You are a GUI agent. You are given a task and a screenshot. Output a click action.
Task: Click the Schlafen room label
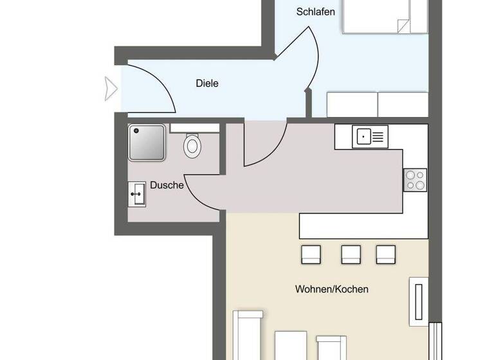pyautogui.click(x=315, y=12)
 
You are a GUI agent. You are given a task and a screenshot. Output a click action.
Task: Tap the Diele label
pyautogui.click(x=207, y=83)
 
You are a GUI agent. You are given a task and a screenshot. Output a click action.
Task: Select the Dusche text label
pyautogui.click(x=167, y=185)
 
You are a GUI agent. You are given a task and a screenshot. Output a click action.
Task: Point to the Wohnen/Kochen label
pyautogui.click(x=332, y=289)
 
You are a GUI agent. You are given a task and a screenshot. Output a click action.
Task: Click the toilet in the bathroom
pyautogui.click(x=192, y=145)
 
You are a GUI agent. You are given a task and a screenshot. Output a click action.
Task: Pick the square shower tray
pyautogui.click(x=147, y=143)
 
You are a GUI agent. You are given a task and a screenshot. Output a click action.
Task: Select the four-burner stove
pyautogui.click(x=415, y=179)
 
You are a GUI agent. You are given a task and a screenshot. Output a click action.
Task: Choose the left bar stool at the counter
pyautogui.click(x=311, y=254)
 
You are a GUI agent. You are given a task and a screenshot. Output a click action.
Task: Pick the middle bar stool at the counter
pyautogui.click(x=351, y=254)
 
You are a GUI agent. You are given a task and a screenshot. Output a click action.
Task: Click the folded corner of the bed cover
pyautogui.click(x=404, y=26)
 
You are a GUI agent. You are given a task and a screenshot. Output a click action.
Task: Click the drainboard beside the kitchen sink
pyautogui.click(x=379, y=136)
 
